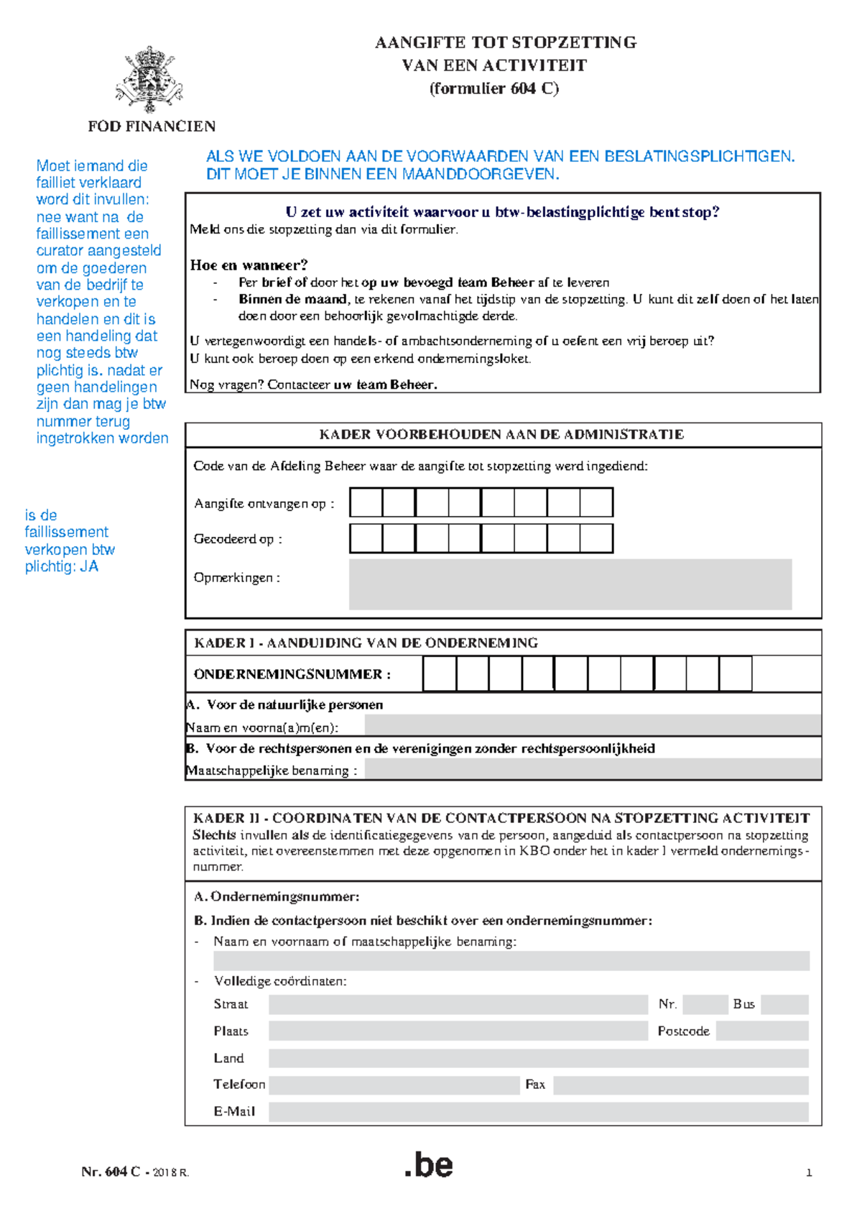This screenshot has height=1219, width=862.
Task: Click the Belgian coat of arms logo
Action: pyautogui.click(x=149, y=79)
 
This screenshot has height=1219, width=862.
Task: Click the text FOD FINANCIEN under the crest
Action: pyautogui.click(x=152, y=126)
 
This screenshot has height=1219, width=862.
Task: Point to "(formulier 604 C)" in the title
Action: pyautogui.click(x=494, y=88)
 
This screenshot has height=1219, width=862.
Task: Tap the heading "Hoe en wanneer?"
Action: pyautogui.click(x=249, y=264)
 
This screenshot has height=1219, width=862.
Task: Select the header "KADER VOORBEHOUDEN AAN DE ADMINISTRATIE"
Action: pyautogui.click(x=501, y=434)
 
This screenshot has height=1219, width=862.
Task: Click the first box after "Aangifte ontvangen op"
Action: pyautogui.click(x=366, y=502)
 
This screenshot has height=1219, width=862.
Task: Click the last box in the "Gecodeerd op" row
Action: pyautogui.click(x=596, y=538)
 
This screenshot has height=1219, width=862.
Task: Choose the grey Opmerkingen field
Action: pyautogui.click(x=570, y=584)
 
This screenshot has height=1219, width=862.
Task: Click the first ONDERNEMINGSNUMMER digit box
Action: pyautogui.click(x=440, y=674)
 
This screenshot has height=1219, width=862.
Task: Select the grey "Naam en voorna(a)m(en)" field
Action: pyautogui.click(x=593, y=725)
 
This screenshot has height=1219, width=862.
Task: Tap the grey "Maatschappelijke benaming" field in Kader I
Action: pyautogui.click(x=593, y=769)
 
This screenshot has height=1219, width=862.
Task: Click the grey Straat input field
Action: pyautogui.click(x=458, y=1004)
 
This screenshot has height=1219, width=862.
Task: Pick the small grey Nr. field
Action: pyautogui.click(x=705, y=1004)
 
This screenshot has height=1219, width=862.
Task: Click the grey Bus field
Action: pyautogui.click(x=784, y=1004)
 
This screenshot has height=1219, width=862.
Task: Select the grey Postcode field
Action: pyautogui.click(x=762, y=1031)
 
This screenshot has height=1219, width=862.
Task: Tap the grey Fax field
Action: pyautogui.click(x=681, y=1085)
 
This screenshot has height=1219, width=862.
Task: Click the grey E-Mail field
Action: pyautogui.click(x=538, y=1112)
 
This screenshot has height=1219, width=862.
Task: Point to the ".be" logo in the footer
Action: pyautogui.click(x=429, y=1165)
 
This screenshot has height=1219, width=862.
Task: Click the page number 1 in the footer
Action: pyautogui.click(x=809, y=1173)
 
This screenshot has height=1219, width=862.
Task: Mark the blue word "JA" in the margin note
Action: pyautogui.click(x=89, y=566)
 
